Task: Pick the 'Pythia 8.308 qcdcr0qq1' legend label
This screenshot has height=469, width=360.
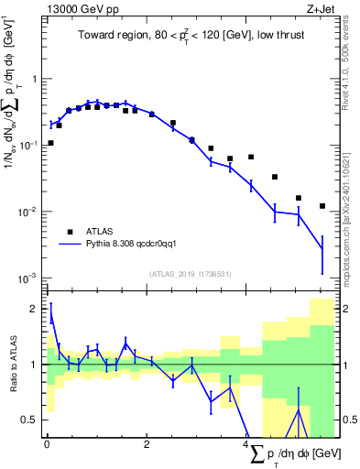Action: pos(137,245)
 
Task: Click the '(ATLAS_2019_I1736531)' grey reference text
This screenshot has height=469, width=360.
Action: pos(190,274)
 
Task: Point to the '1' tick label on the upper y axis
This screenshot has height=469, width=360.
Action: pos(35,79)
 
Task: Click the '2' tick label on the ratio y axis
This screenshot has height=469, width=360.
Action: pos(34,310)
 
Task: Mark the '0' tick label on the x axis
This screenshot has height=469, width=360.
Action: pos(47,443)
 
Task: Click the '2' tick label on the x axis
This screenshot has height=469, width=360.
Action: pos(147,443)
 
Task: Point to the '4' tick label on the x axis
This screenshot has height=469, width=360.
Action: pos(246,443)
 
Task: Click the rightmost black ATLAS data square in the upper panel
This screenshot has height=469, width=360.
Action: pos(322,206)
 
